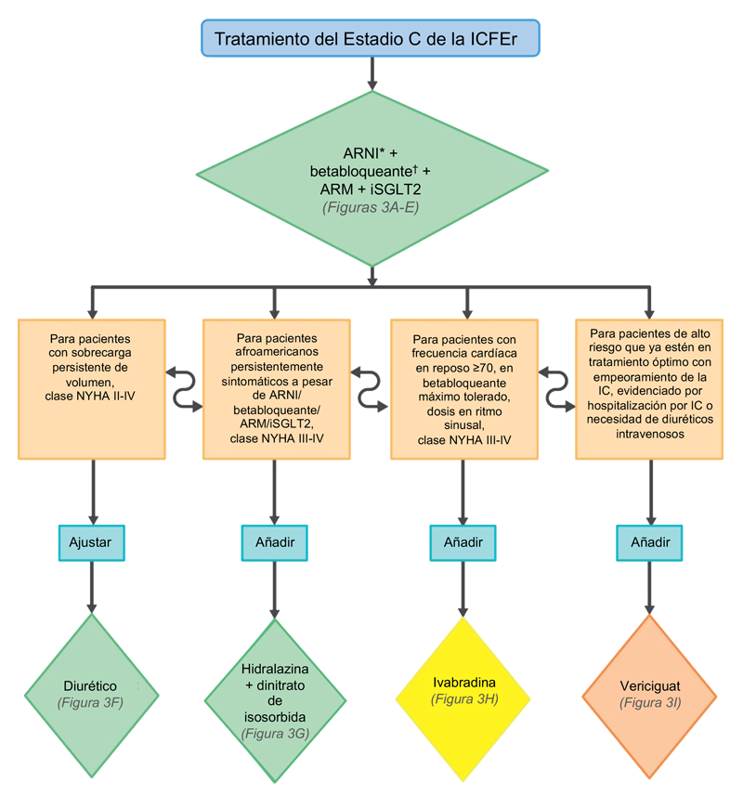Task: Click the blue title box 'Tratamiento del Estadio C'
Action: [371, 40]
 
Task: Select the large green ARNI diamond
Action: [371, 177]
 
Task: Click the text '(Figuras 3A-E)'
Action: [371, 207]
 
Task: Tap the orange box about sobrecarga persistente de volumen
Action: [92, 388]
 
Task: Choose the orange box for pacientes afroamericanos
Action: [276, 388]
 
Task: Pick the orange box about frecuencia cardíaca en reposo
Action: [463, 388]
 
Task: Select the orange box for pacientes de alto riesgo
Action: [649, 388]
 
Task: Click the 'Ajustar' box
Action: [92, 541]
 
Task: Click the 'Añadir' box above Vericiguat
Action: [649, 541]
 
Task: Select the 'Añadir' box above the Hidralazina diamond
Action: [275, 541]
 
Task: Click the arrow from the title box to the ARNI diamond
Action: [371, 73]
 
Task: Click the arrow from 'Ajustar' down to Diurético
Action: [92, 585]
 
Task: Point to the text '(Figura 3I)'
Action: [649, 703]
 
